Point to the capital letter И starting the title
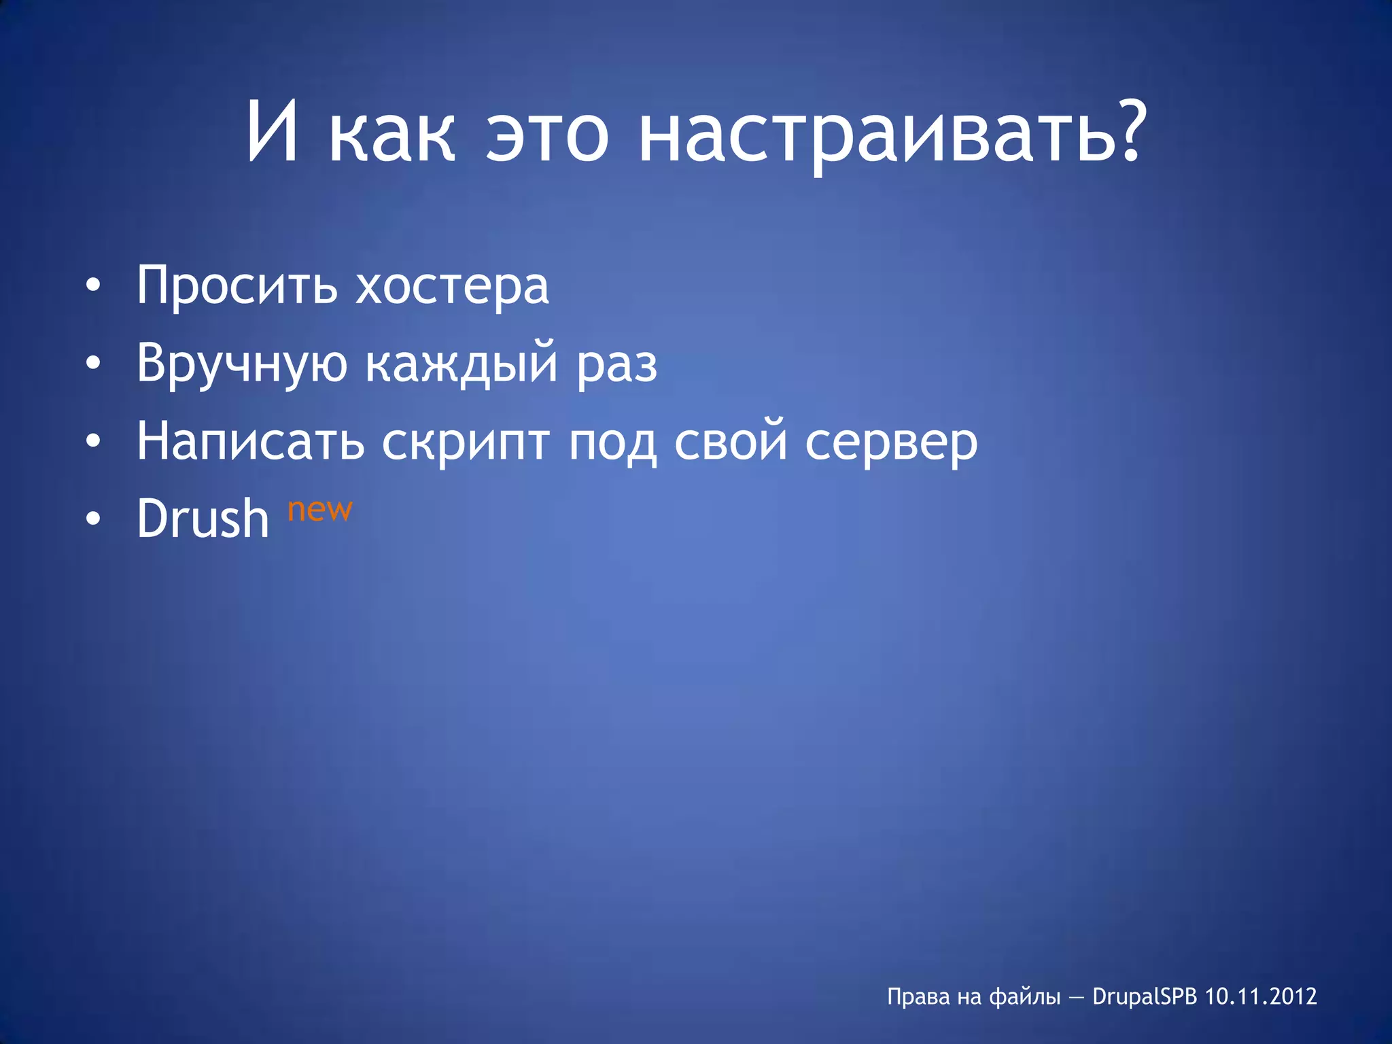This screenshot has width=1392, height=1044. point(273,133)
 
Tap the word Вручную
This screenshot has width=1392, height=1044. point(241,364)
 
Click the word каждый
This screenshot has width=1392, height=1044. point(462,364)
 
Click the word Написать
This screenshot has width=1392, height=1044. point(250,441)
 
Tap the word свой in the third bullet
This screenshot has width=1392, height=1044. point(729,441)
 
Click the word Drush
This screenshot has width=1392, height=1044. point(203,519)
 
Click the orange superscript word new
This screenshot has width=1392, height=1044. point(319,509)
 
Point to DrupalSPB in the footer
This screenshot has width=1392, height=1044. point(1145,996)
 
